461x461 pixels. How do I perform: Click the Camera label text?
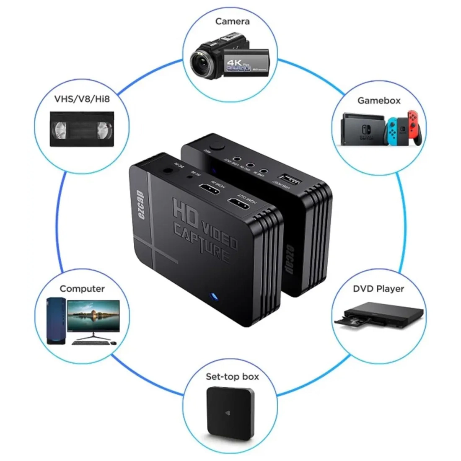click(232, 21)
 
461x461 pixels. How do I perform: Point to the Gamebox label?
click(379, 101)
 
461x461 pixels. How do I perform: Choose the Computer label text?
click(82, 289)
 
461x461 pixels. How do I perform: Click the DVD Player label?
click(378, 289)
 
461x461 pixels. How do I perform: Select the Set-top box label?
click(232, 376)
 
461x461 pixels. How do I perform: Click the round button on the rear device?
click(218, 147)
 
